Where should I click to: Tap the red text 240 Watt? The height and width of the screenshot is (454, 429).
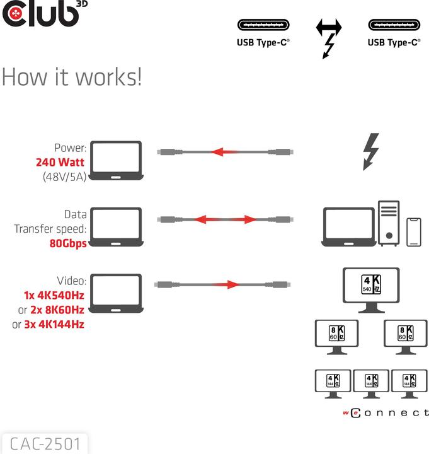click(x=61, y=162)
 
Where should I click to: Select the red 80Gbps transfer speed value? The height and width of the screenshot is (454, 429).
click(x=68, y=243)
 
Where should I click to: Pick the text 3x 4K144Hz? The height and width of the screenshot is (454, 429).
click(x=55, y=325)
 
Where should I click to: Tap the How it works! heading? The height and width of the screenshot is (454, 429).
click(x=71, y=77)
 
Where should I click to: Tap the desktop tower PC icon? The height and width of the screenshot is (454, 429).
click(x=389, y=223)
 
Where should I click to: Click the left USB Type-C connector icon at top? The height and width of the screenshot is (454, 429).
click(x=263, y=26)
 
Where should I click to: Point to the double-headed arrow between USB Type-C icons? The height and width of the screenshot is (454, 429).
click(x=328, y=27)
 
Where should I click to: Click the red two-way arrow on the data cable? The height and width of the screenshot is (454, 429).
click(x=225, y=219)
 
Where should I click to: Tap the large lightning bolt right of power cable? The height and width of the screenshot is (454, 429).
click(x=372, y=151)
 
